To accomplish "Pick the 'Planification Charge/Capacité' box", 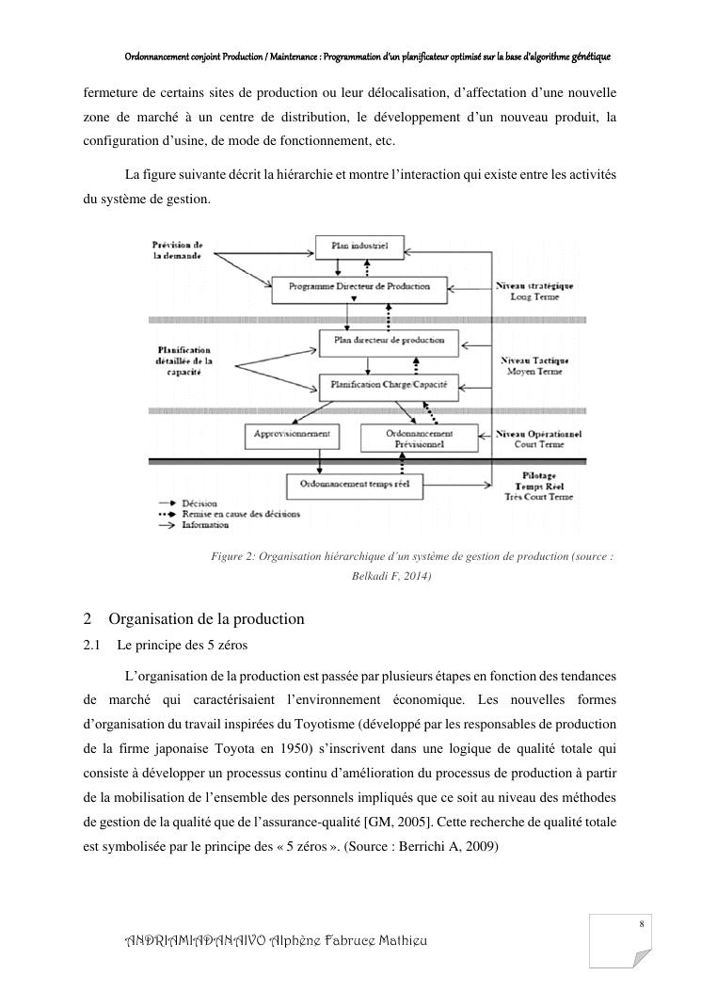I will pos(382,384).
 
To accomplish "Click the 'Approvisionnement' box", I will pos(292,434).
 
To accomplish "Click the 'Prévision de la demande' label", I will pos(178,249).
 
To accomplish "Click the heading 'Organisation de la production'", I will pos(206,619).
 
